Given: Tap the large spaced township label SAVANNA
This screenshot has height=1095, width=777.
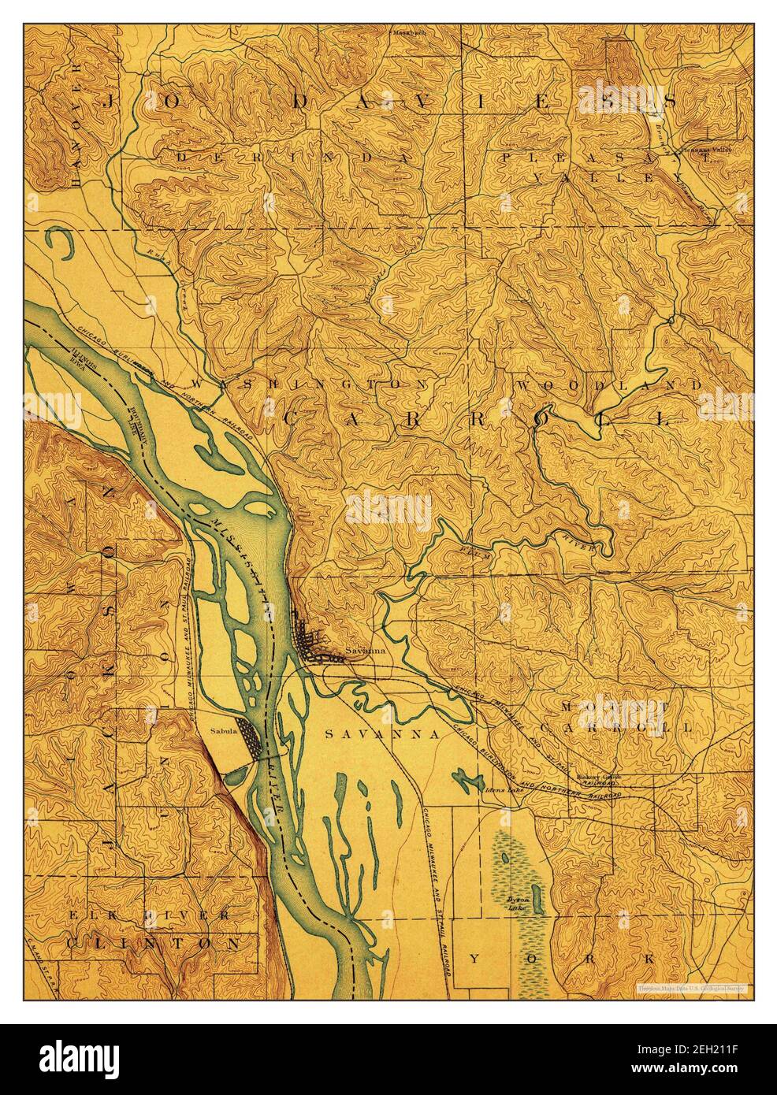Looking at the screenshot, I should pyautogui.click(x=381, y=733).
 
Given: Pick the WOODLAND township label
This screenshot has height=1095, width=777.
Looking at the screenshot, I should pyautogui.click(x=609, y=384).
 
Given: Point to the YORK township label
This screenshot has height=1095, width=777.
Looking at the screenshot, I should pyautogui.click(x=561, y=959).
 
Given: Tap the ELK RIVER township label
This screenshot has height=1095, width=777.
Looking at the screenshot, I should pyautogui.click(x=149, y=915).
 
